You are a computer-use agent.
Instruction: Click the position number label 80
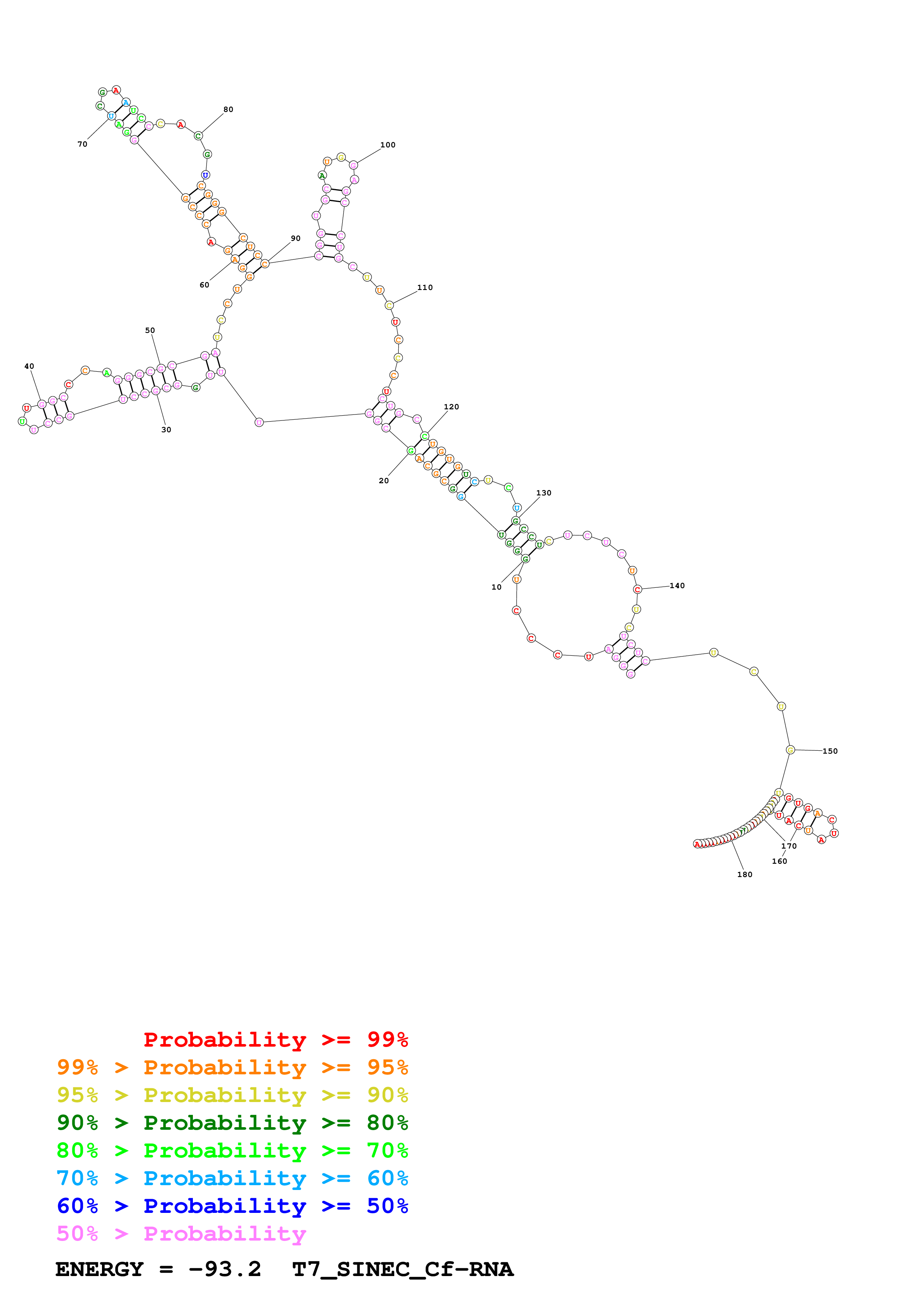click(228, 109)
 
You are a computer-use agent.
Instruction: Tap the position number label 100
click(388, 145)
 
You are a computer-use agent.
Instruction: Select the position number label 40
click(29, 366)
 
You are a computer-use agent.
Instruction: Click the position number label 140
click(677, 586)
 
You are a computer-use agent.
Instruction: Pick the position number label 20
click(384, 481)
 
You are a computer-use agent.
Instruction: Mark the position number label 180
click(745, 875)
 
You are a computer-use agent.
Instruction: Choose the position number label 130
click(544, 493)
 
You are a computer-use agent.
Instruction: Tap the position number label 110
click(425, 288)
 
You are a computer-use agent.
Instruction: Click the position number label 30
click(167, 430)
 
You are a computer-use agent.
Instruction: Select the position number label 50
click(150, 331)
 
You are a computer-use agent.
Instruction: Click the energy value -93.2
click(225, 1269)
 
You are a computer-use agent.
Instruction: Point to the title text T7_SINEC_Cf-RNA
click(402, 1269)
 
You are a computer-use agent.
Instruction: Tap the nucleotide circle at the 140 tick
click(637, 589)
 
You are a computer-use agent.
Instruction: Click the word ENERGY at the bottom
click(99, 1269)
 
